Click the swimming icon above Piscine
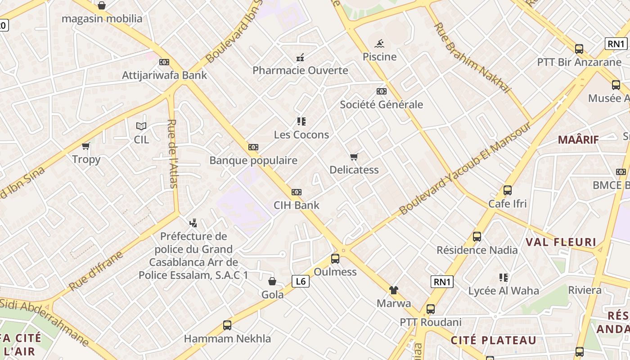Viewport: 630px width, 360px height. pos(380,44)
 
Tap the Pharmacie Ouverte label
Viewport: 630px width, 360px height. pos(300,70)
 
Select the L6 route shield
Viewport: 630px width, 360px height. pos(301,282)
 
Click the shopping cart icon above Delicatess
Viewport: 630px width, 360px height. pos(354,157)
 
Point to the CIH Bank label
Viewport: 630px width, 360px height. pos(297,205)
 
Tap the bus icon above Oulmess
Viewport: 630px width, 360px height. pos(335,259)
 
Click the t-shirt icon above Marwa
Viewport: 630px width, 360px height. pos(394,290)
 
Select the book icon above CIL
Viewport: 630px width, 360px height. pos(141,126)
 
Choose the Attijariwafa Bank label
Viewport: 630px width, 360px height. pos(164,75)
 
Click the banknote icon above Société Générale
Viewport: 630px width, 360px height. pos(381,91)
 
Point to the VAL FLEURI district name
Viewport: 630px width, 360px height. pos(561,242)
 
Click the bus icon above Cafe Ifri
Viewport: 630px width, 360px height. pos(508,190)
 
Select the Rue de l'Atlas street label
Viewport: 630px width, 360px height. pos(173,153)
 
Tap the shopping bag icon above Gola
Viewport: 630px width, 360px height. pos(272,282)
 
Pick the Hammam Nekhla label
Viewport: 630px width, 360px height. pos(227,338)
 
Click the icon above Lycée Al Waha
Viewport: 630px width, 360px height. pos(504,278)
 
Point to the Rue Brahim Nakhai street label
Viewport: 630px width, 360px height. pos(472,58)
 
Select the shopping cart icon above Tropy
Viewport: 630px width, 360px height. pos(86,146)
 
